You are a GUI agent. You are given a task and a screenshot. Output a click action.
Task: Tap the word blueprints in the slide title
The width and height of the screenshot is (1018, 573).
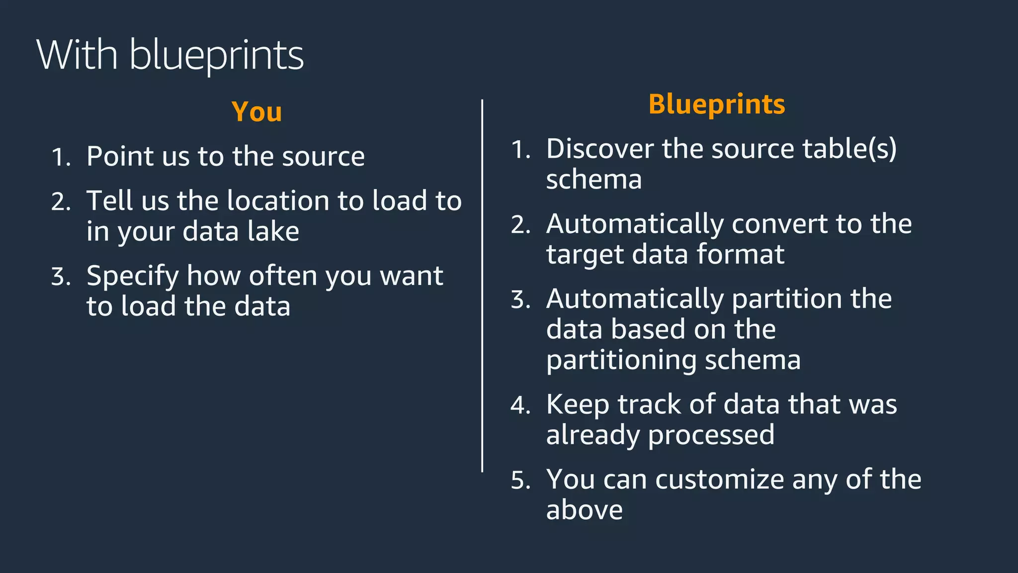(x=216, y=56)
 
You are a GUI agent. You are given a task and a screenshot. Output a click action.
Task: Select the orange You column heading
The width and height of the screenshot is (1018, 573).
(x=256, y=112)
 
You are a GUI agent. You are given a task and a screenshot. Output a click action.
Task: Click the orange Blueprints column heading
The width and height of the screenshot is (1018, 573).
(x=716, y=104)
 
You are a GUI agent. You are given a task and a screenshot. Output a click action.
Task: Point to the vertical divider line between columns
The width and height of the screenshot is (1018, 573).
(x=482, y=286)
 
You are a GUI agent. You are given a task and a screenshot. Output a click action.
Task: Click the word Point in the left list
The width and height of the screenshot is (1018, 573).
(x=120, y=156)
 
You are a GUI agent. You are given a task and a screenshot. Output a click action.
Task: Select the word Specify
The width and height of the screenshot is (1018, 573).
(x=132, y=277)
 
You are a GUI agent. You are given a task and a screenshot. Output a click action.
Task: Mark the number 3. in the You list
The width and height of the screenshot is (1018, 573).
(x=61, y=277)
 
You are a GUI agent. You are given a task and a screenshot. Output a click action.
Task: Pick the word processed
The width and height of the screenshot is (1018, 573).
(x=711, y=435)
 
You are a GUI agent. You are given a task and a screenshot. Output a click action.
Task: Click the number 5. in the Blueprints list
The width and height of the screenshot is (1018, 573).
(x=521, y=480)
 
